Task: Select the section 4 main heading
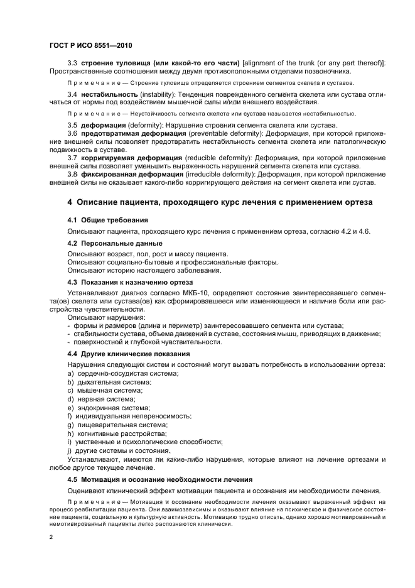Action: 220,202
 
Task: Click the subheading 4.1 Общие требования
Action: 107,220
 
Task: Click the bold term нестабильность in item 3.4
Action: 108,94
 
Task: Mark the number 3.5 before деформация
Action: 72,126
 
